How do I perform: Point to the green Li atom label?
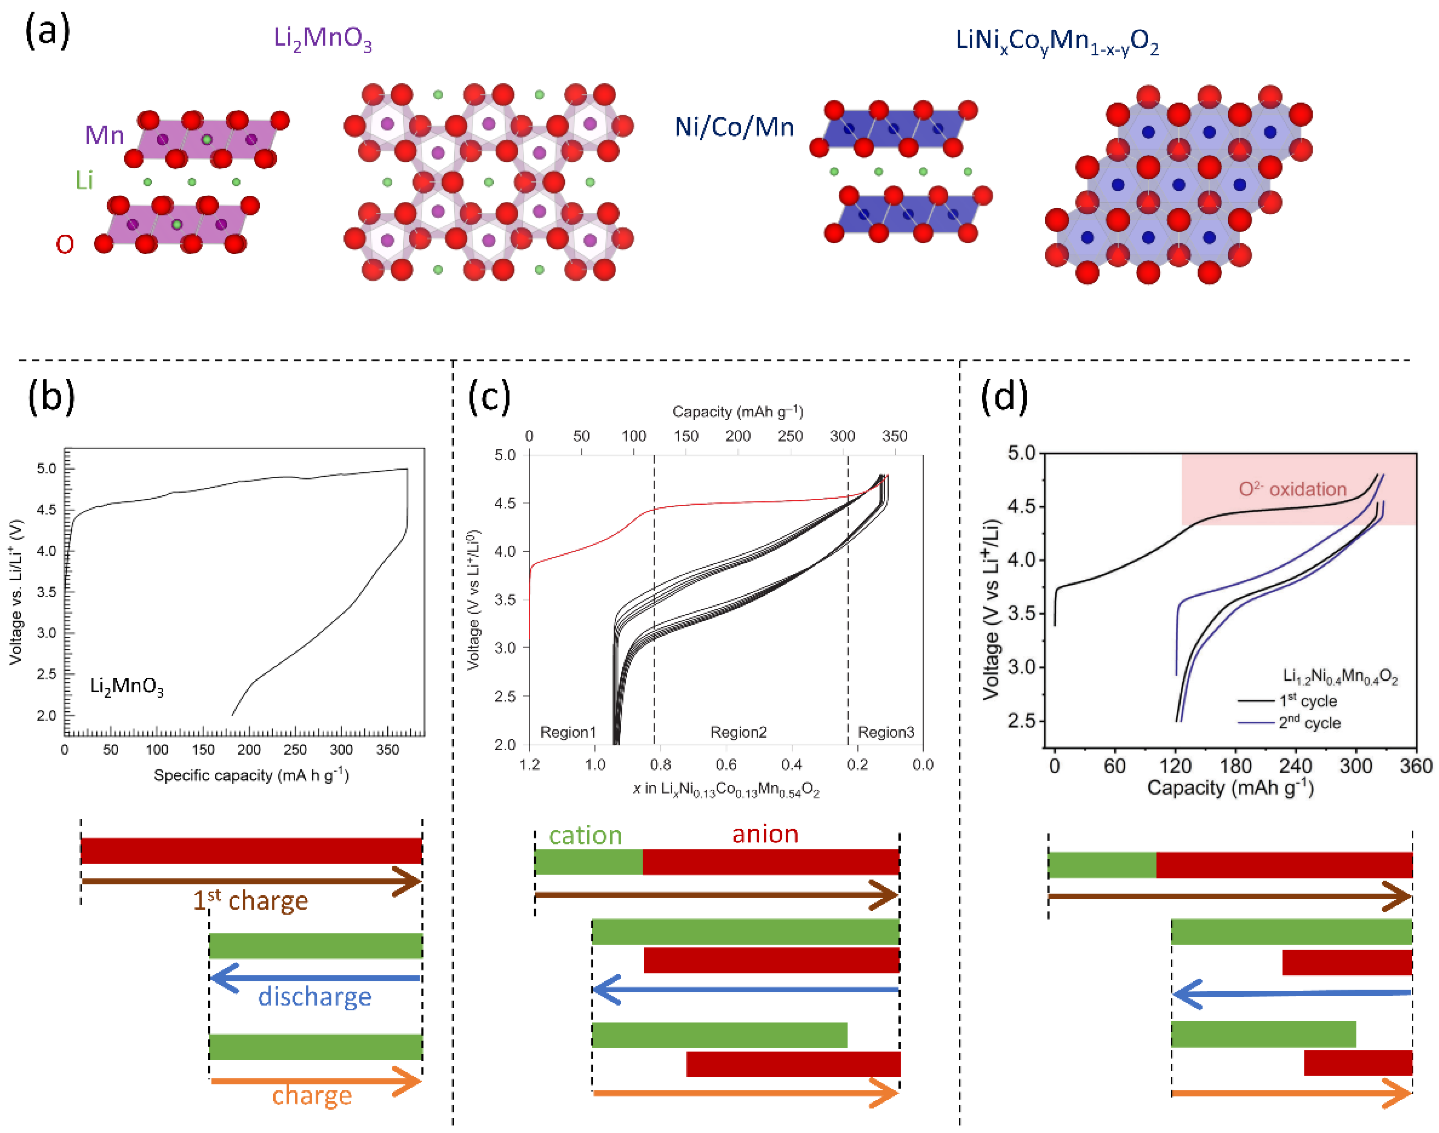point(84,180)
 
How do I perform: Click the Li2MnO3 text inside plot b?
point(126,686)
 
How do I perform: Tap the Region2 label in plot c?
point(738,732)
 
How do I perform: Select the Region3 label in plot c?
point(886,732)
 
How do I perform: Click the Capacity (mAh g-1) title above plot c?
point(738,412)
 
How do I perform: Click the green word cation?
point(585,835)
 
